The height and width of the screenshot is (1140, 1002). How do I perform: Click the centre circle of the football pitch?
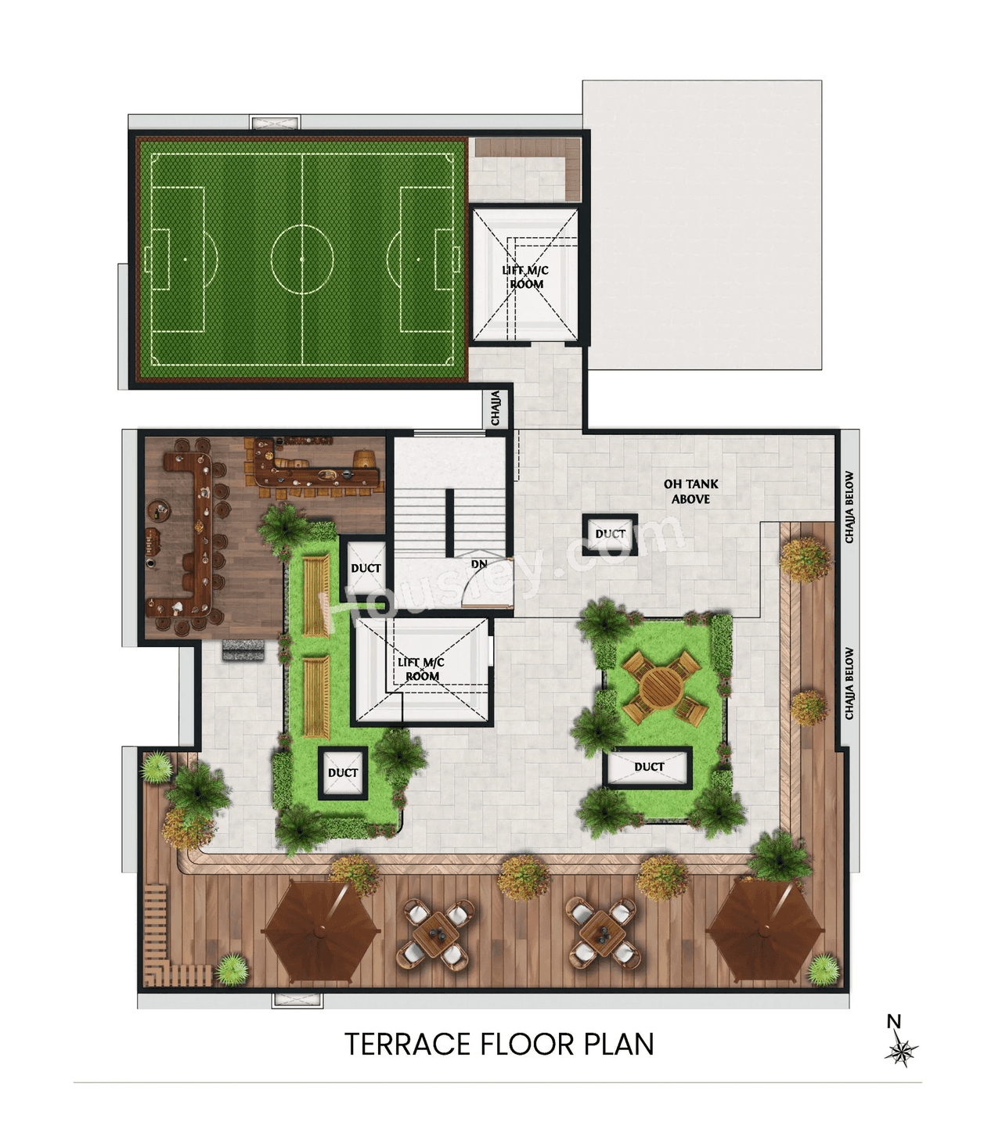[302, 258]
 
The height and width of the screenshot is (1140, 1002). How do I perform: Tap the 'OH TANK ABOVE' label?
[690, 491]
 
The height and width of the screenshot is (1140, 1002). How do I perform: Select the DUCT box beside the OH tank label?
[610, 534]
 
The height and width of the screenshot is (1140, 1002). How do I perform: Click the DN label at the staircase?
[479, 563]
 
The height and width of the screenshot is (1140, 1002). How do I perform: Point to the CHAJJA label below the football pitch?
[496, 408]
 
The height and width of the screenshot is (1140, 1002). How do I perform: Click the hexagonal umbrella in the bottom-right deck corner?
[765, 930]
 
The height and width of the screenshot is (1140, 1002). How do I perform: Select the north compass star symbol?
[901, 1051]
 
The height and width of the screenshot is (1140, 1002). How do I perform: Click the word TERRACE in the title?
[406, 1045]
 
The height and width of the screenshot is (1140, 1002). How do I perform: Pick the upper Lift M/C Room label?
[525, 277]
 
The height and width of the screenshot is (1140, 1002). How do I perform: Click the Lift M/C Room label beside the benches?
[421, 669]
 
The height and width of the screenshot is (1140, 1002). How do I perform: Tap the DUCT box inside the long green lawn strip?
[343, 773]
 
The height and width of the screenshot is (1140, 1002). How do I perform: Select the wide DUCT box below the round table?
[648, 767]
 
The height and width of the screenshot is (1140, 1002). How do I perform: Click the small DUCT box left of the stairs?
[366, 568]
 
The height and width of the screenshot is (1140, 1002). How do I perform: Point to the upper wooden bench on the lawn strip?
[316, 595]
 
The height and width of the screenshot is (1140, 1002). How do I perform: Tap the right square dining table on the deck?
[602, 933]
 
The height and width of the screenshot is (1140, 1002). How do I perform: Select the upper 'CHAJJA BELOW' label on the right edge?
[849, 507]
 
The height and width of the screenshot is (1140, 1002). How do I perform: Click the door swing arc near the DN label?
[487, 584]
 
